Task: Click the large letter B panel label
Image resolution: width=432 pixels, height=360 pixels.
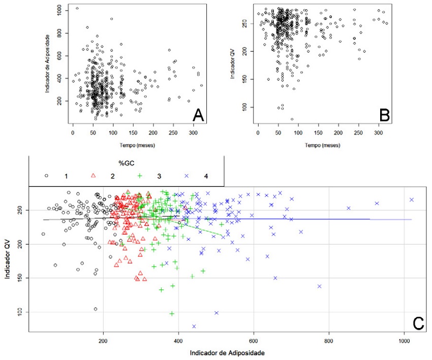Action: pyautogui.click(x=385, y=115)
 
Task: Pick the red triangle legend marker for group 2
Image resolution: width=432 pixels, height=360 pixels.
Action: pyautogui.click(x=93, y=176)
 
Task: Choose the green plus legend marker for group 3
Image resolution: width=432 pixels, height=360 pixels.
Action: pyautogui.click(x=140, y=176)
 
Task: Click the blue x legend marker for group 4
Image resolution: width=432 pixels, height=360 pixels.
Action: pyautogui.click(x=187, y=176)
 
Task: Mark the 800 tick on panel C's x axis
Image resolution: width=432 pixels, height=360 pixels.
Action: pyautogui.click(x=329, y=341)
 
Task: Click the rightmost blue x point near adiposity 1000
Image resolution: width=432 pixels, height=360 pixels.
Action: pyautogui.click(x=412, y=200)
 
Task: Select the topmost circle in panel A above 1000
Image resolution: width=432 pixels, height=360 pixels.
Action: pyautogui.click(x=77, y=8)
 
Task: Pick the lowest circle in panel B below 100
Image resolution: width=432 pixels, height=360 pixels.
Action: pyautogui.click(x=292, y=119)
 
